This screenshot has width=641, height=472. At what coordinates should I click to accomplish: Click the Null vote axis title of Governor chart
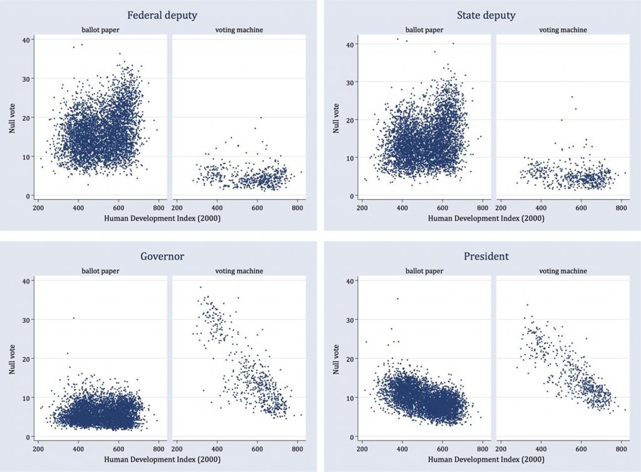[13, 359]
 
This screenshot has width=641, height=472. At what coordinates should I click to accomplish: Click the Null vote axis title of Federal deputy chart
[13, 118]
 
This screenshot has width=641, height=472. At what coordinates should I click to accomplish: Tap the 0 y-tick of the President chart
[352, 437]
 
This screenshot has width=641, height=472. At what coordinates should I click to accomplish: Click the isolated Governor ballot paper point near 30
[74, 318]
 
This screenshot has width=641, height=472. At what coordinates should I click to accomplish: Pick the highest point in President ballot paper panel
[397, 299]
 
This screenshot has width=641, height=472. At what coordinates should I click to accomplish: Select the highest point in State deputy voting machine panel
[572, 96]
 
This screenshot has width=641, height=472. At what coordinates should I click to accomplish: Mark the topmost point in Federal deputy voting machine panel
[260, 117]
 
